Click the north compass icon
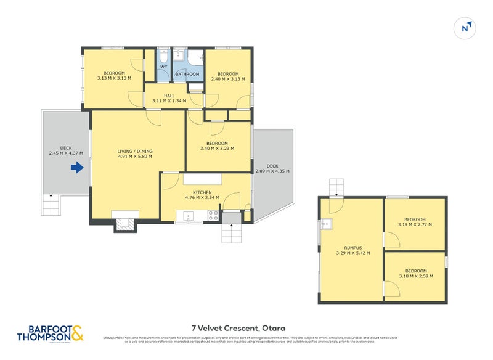(467, 27)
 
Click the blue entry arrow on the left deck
(77, 167)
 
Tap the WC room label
(164, 67)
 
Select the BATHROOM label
(187, 75)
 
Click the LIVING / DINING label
(135, 152)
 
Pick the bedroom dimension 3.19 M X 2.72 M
(415, 224)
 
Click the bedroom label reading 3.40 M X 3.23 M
(217, 148)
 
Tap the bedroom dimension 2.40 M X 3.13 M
(227, 79)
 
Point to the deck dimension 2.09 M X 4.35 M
(272, 171)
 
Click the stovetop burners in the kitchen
(213, 215)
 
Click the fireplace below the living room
(125, 224)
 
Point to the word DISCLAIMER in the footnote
(114, 338)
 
